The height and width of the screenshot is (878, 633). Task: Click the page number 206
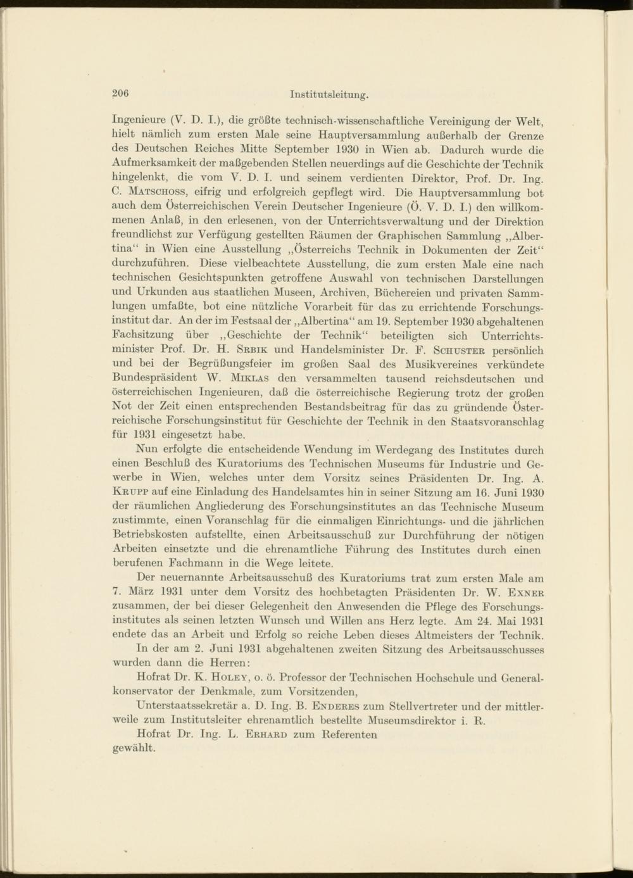pyautogui.click(x=120, y=94)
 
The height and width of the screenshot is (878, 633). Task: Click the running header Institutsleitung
pyautogui.click(x=329, y=95)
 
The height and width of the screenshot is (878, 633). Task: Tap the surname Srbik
pyautogui.click(x=253, y=350)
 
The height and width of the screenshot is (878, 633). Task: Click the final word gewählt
pyautogui.click(x=134, y=748)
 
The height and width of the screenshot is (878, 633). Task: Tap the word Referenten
pyautogui.click(x=349, y=734)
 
